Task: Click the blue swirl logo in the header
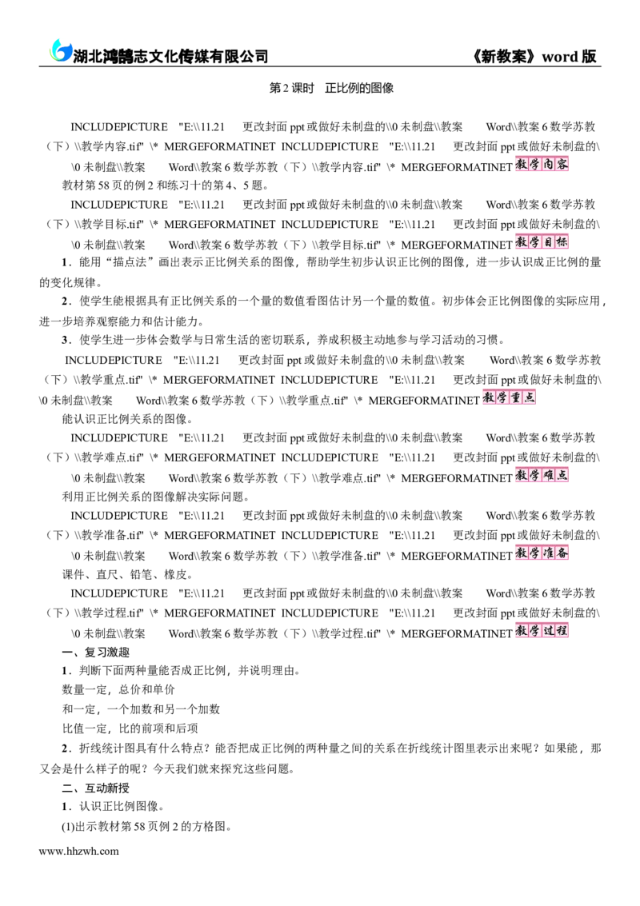point(59,51)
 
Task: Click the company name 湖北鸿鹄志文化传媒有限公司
point(170,56)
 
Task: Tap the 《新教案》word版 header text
point(534,56)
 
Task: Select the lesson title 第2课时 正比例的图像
point(332,88)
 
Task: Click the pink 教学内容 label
point(542,164)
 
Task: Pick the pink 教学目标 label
point(542,241)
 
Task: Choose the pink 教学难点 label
point(542,475)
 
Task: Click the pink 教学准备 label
point(542,553)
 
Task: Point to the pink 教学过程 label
point(542,630)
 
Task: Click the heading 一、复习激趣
point(96,653)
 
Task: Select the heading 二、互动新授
point(96,788)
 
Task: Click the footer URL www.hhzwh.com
point(79,851)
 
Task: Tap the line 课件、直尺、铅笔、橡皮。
point(128,575)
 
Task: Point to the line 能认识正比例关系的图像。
point(128,419)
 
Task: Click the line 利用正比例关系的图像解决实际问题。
point(157,497)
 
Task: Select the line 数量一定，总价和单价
point(118,689)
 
